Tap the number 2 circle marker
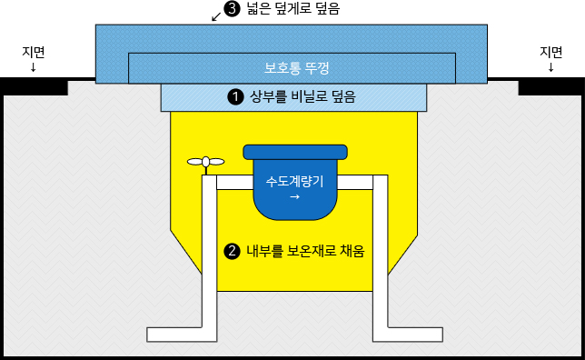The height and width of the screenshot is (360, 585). [x=232, y=250]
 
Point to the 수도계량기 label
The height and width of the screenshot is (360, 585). [x=294, y=181]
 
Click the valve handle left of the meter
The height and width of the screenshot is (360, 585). [x=206, y=163]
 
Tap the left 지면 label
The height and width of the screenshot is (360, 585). [x=34, y=52]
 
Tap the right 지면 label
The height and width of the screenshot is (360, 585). [x=550, y=52]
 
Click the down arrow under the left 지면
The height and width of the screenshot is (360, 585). [x=34, y=67]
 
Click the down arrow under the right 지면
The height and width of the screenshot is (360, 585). [x=550, y=67]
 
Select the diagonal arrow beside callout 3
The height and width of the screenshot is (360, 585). [x=215, y=15]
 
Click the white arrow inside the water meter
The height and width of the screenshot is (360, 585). [x=294, y=195]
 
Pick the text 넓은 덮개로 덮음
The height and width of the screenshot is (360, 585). [x=292, y=11]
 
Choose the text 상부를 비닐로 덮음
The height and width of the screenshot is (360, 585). [x=302, y=95]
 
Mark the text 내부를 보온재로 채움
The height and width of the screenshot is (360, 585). [x=305, y=250]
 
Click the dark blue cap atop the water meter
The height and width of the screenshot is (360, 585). [x=294, y=152]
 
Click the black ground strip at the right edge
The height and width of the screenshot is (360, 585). [x=550, y=85]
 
